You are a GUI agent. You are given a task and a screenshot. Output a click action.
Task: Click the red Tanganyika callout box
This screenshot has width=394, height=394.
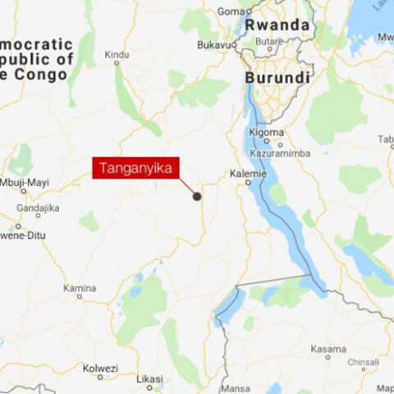pos(136,169)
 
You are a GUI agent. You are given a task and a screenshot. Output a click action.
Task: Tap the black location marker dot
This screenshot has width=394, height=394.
pos(197,196)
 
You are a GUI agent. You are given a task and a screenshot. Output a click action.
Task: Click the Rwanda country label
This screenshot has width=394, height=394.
pos(282,26)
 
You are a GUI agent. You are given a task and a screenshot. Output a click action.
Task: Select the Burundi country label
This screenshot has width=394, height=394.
pos(278,78)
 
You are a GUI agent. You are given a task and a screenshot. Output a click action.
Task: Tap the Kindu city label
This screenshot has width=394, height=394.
pos(117,55)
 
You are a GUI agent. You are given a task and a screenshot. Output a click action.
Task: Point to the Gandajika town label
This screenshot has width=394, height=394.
pos(39,208)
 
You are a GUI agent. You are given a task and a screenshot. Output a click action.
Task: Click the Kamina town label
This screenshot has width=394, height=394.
pos(80,288)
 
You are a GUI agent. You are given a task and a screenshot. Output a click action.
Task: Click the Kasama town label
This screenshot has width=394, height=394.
pos(328,349)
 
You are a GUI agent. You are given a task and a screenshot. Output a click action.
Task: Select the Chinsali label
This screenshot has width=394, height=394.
pos(364,361)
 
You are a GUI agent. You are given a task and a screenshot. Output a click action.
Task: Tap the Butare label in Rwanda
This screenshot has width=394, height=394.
pos(270,39)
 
